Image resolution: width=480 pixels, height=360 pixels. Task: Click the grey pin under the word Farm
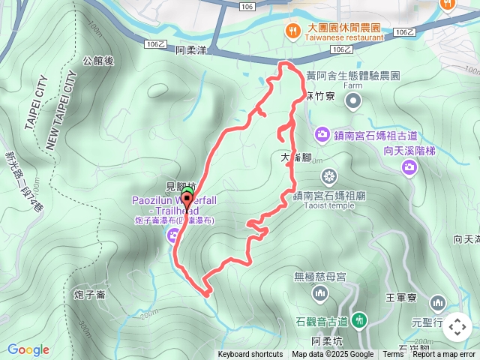tap(355, 100)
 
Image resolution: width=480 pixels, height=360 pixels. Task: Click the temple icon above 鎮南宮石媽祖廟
tap(328, 177)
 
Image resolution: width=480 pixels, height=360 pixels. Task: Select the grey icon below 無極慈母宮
tap(320, 292)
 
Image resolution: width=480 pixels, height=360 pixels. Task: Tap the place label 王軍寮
tap(400, 298)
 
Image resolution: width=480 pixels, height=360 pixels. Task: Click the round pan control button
tap(457, 327)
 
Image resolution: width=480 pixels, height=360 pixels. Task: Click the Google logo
tap(28, 349)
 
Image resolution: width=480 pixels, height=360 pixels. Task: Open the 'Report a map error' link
tap(444, 355)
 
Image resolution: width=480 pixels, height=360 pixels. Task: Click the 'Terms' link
tap(393, 355)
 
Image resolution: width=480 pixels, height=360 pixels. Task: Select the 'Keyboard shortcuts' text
tap(250, 355)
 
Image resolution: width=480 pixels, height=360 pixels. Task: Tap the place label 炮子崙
tap(89, 295)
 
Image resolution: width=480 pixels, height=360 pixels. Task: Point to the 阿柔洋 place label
tap(190, 52)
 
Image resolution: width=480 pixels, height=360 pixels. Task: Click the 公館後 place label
tap(98, 61)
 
